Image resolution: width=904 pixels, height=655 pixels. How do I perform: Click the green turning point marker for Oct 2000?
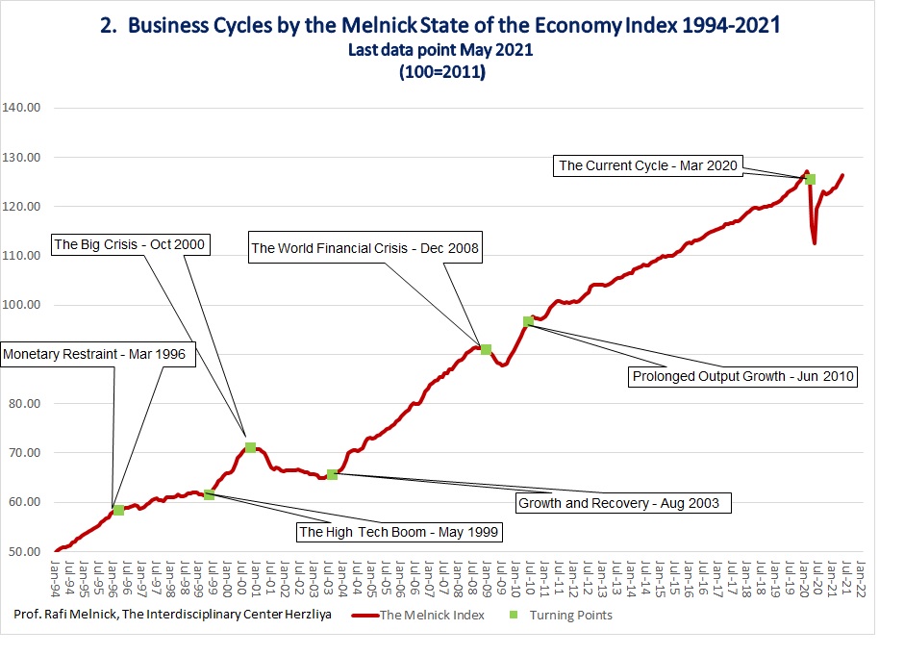tap(250, 448)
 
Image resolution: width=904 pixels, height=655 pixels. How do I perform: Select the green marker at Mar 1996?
tap(118, 511)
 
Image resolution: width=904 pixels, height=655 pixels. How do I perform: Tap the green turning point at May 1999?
tap(210, 494)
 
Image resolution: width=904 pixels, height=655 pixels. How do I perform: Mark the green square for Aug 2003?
tap(332, 474)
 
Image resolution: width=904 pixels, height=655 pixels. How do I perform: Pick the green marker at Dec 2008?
tap(486, 349)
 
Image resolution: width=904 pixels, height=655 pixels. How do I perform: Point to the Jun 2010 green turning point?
tap(528, 322)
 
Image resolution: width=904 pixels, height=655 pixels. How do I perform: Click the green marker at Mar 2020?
tap(810, 179)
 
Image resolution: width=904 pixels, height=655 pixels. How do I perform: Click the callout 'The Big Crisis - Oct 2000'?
tap(130, 244)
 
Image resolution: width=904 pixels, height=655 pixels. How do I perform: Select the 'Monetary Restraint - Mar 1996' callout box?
tap(97, 354)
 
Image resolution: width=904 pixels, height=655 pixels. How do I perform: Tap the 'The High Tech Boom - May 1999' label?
tap(398, 532)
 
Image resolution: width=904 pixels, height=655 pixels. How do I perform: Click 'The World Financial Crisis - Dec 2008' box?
tap(364, 248)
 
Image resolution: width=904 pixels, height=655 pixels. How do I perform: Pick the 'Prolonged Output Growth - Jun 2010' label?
tap(742, 376)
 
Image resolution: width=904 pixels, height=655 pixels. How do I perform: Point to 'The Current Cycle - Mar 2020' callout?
tap(648, 165)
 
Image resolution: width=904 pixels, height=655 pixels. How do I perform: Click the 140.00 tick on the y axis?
tap(21, 108)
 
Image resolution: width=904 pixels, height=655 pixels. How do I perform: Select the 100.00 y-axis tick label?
tap(21, 305)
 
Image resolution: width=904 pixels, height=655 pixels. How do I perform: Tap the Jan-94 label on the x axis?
tap(56, 578)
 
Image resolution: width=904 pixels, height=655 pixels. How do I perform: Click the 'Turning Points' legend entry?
tap(561, 616)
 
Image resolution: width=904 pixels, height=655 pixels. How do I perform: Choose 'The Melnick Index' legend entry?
tap(418, 616)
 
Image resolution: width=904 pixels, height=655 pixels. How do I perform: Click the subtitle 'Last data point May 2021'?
tap(440, 50)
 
